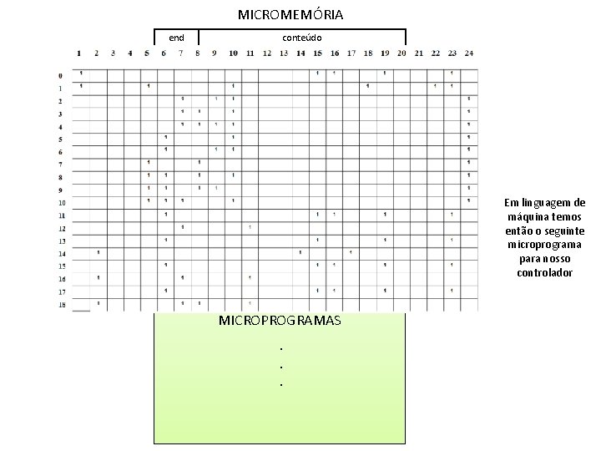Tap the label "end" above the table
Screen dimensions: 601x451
point(176,38)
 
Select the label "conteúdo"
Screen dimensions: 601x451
point(301,38)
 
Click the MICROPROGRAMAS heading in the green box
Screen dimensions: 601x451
point(279,321)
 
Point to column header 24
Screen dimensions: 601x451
point(469,53)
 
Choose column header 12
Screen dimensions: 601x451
point(266,53)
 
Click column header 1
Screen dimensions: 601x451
point(79,53)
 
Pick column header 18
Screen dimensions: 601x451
point(367,53)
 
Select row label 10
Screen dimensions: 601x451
point(61,203)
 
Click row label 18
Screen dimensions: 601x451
point(61,306)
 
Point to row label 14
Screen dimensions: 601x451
point(61,254)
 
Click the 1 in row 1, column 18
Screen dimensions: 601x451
point(367,85)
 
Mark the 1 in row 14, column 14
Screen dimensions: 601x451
point(299,252)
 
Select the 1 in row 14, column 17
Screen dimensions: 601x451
point(351,252)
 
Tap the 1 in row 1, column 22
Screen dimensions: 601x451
point(435,85)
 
